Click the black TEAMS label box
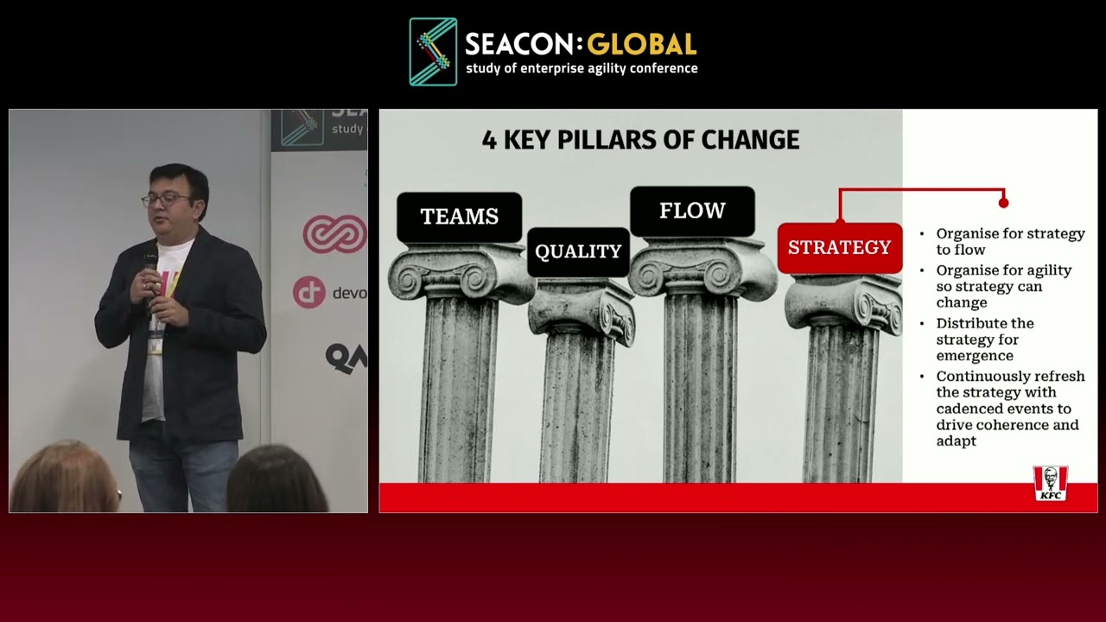459,217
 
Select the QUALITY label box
578,251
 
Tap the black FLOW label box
692,211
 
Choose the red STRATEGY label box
839,248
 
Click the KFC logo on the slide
1050,484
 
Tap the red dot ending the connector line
1003,202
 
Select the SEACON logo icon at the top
433,52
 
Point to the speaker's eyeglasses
165,200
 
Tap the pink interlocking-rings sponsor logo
334,234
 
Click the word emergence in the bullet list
975,356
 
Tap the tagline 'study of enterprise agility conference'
582,68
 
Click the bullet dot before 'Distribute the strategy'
922,324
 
